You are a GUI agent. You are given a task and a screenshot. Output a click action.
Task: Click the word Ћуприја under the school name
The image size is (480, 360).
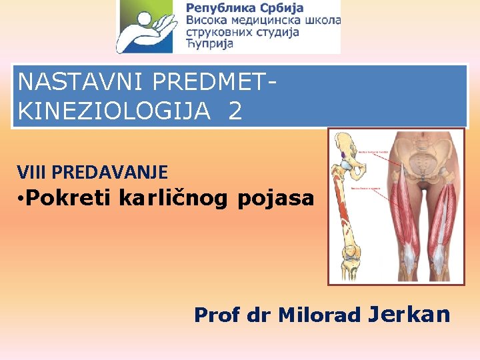pos(209,44)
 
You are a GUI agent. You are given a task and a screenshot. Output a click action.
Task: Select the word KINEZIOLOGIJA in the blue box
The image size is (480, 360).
pos(117,111)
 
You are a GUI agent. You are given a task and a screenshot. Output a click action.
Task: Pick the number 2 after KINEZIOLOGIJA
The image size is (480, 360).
pos(235,111)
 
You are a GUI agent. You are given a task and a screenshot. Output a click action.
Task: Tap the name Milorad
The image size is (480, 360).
pos(318,315)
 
